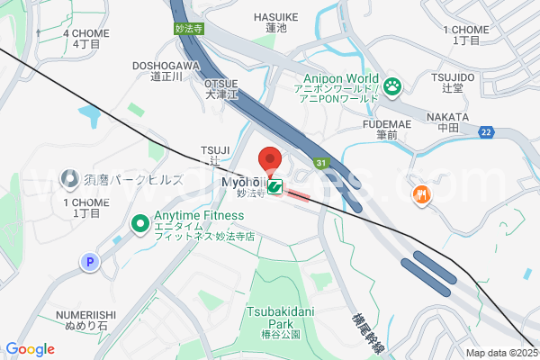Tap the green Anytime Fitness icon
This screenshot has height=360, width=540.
tap(140, 222)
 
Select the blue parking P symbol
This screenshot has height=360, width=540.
tap(89, 262)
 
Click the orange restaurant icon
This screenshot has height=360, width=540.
tap(420, 193)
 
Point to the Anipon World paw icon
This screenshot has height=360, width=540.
tap(392, 86)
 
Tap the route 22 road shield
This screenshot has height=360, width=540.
tap(487, 132)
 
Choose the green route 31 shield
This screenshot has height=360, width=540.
tap(320, 163)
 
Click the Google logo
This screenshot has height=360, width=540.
tap(30, 349)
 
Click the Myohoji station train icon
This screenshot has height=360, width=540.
tap(274, 186)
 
